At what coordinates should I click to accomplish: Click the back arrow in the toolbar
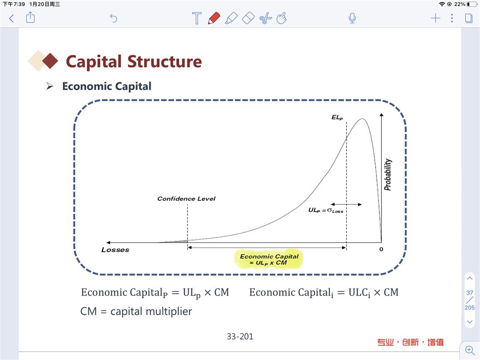pyautogui.click(x=12, y=18)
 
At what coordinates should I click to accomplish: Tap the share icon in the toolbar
pyautogui.click(x=30, y=17)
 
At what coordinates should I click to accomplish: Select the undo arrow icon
pyautogui.click(x=113, y=18)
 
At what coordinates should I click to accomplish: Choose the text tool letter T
pyautogui.click(x=197, y=18)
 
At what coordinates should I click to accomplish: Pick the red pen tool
pyautogui.click(x=214, y=18)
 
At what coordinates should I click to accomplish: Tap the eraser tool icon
pyautogui.click(x=248, y=18)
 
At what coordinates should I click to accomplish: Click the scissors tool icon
pyautogui.click(x=266, y=18)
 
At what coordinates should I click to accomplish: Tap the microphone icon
pyautogui.click(x=352, y=18)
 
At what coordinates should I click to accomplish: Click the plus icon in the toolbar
pyautogui.click(x=435, y=18)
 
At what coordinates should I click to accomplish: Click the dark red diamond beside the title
pyautogui.click(x=50, y=61)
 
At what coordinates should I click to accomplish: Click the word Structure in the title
pyautogui.click(x=165, y=62)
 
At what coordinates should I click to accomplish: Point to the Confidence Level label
pyautogui.click(x=186, y=199)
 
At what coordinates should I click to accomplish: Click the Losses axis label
pyautogui.click(x=115, y=250)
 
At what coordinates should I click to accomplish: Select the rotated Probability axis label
pyautogui.click(x=388, y=175)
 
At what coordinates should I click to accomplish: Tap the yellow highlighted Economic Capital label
pyautogui.click(x=269, y=259)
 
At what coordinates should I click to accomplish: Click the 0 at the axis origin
pyautogui.click(x=381, y=249)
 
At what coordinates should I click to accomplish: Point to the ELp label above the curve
pyautogui.click(x=337, y=117)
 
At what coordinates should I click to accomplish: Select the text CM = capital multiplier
pyautogui.click(x=136, y=311)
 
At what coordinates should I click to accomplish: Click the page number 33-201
pyautogui.click(x=240, y=336)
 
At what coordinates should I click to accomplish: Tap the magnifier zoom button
pyautogui.click(x=470, y=350)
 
